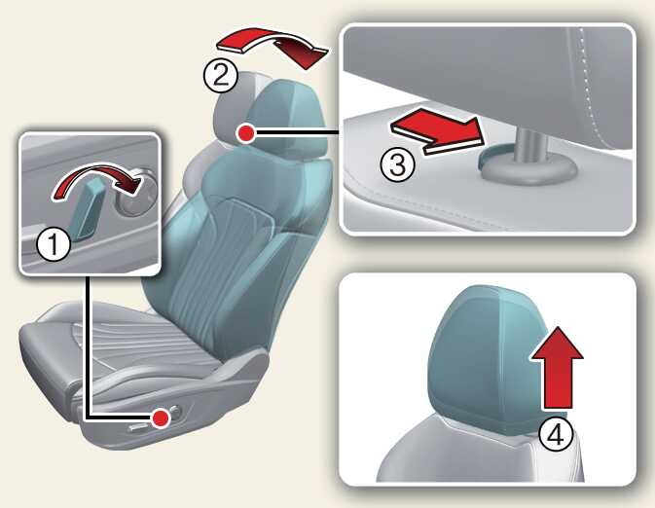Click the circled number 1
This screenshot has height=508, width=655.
click(x=54, y=244)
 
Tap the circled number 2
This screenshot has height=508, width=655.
click(x=221, y=77)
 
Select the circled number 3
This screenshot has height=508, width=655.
click(x=398, y=164)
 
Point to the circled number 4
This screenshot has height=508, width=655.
click(x=556, y=435)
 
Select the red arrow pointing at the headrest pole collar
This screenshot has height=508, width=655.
click(x=437, y=130)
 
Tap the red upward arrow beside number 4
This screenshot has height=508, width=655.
click(x=557, y=368)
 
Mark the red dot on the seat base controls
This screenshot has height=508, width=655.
click(x=161, y=418)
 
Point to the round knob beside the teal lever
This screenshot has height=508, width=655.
click(x=135, y=192)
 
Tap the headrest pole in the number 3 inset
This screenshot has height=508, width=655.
click(x=531, y=145)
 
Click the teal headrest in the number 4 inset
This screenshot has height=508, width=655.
click(x=485, y=359)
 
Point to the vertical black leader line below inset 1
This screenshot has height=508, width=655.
click(x=87, y=345)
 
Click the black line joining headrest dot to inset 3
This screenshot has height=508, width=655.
click(x=298, y=133)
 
